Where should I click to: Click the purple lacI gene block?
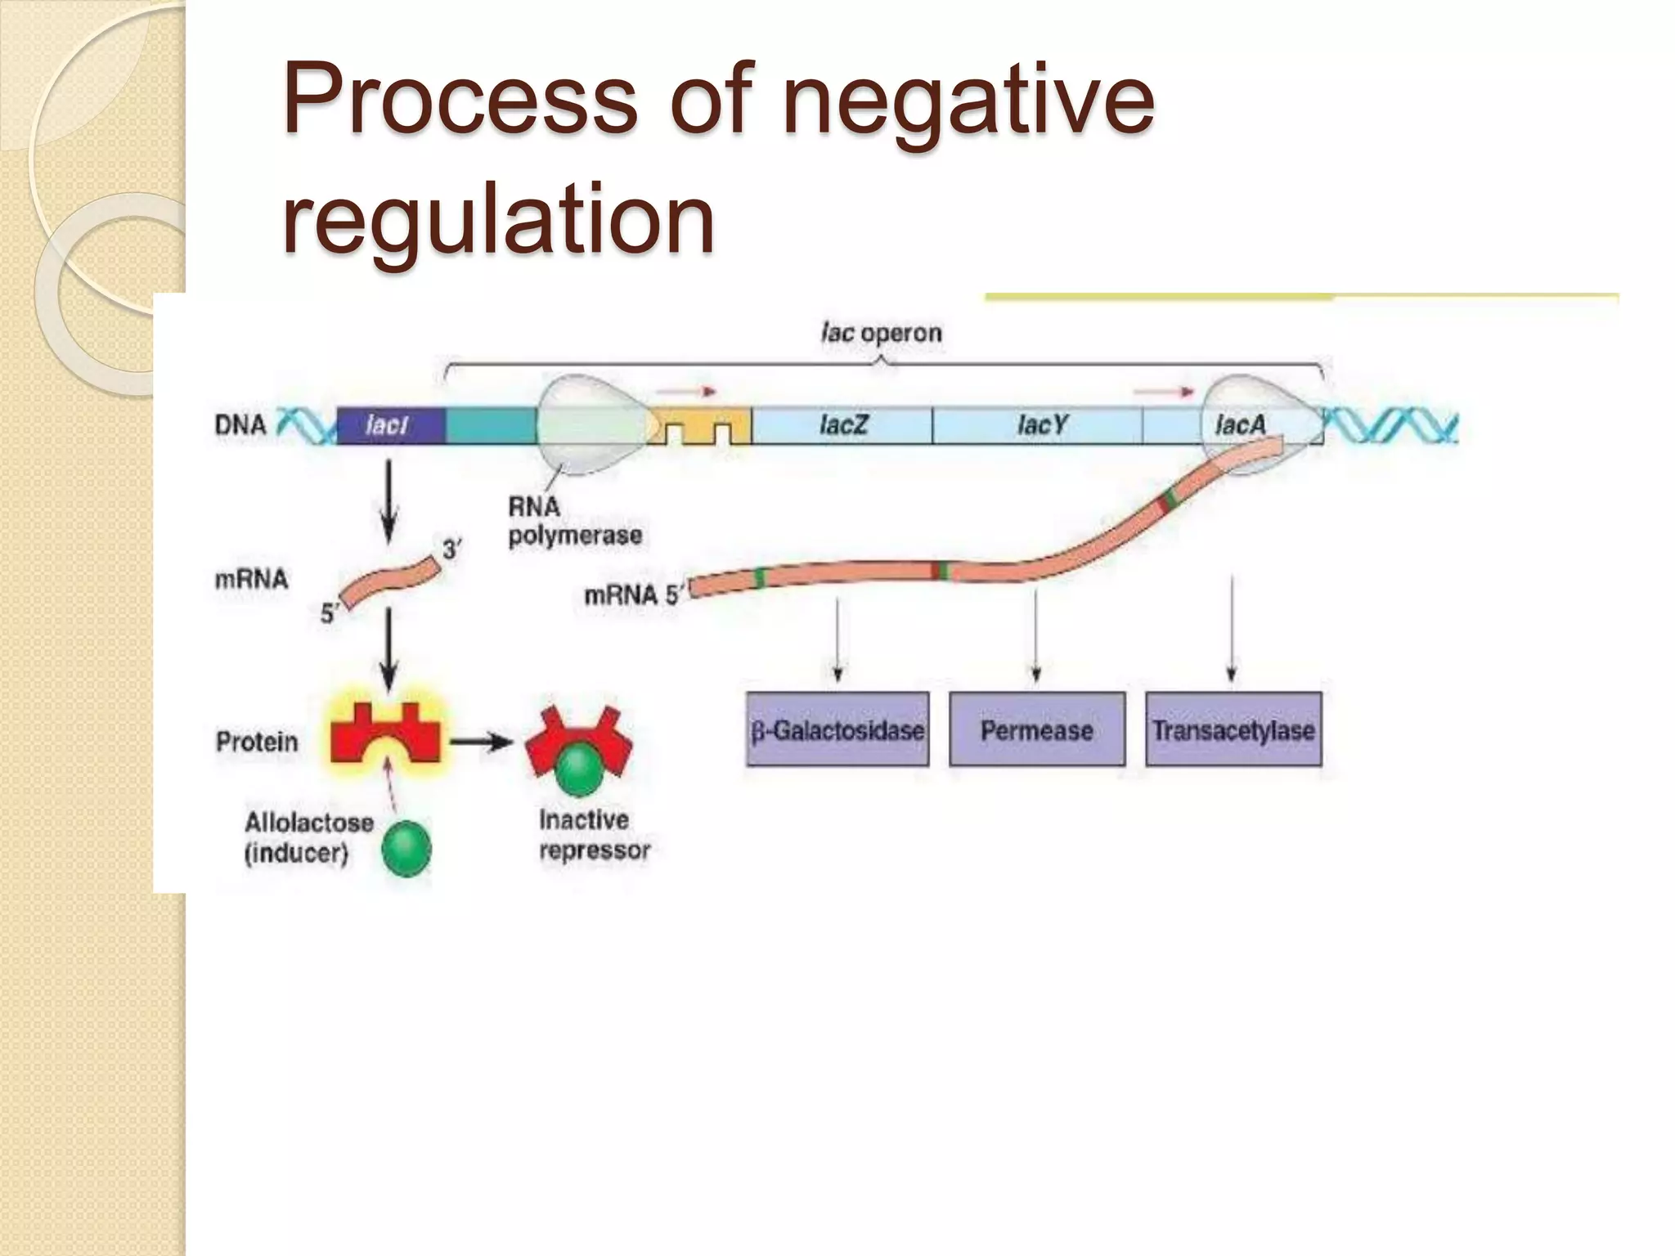(391, 425)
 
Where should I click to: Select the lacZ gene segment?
(842, 425)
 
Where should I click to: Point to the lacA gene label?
(1240, 424)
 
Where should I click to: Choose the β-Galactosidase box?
(837, 729)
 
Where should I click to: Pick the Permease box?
(1037, 729)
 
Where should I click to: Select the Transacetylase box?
(1233, 729)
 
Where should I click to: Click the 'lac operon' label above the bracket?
(882, 333)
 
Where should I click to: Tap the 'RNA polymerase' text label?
(574, 521)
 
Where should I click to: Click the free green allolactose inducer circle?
(406, 850)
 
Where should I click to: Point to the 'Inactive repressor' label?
(594, 835)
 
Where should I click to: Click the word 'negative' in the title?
(968, 102)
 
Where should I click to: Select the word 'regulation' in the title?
(499, 219)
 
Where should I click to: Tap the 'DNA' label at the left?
(240, 425)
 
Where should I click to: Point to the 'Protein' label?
(257, 742)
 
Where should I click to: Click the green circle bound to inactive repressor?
(579, 769)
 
